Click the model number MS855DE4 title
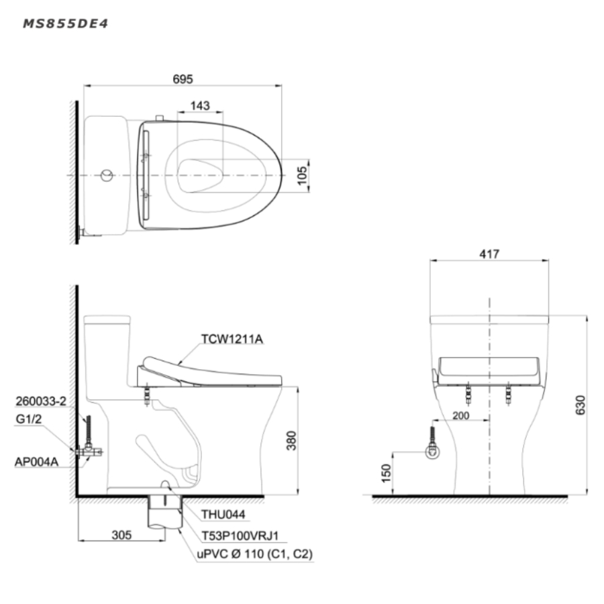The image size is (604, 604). [66, 24]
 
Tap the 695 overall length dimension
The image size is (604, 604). [183, 79]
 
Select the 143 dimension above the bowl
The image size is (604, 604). [200, 105]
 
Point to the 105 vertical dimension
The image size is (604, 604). [303, 175]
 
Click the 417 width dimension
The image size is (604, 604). [489, 254]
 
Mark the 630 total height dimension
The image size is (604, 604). [580, 405]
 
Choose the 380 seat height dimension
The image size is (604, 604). [291, 440]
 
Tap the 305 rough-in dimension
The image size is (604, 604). [121, 535]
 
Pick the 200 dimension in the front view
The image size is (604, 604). [460, 415]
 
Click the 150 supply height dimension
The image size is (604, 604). [386, 473]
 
